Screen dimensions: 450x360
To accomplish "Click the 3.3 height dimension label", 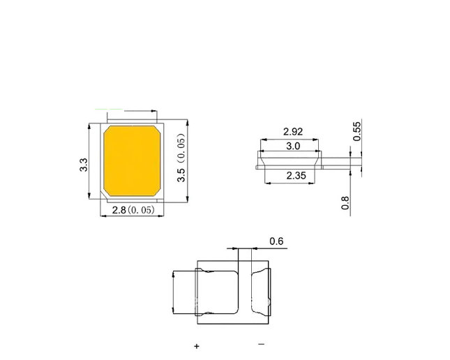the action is [x=84, y=165].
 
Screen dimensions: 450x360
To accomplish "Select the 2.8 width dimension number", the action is [x=119, y=210].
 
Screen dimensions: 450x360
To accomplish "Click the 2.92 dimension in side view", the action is [x=293, y=131].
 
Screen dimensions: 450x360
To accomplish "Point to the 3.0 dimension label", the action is [x=293, y=146].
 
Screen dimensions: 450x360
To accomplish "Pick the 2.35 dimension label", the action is [x=297, y=175].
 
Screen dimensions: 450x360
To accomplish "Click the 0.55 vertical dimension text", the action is [x=357, y=131].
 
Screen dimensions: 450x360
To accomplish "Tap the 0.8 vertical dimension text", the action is [x=345, y=203].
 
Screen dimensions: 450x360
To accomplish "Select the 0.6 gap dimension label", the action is [x=276, y=241].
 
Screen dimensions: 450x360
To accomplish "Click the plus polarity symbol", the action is [x=197, y=346].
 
